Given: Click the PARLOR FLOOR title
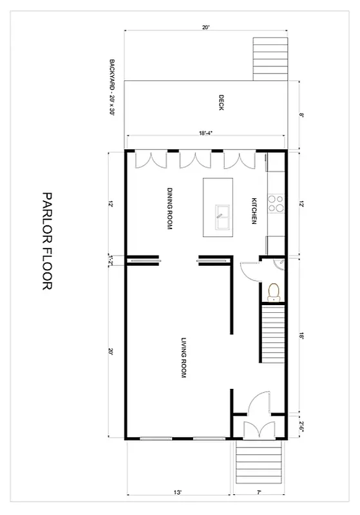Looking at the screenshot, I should pos(46,241).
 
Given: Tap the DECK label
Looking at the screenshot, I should pos(221,104).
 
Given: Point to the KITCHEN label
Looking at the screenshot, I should pos(254,211).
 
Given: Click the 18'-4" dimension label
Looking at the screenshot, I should pos(205,133).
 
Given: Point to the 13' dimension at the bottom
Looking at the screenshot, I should pos(177,492).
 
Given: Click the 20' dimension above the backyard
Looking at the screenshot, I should pos(205,28).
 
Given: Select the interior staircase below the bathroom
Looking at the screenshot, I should pos(273,335).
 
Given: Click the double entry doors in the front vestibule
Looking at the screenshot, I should pos(258,429).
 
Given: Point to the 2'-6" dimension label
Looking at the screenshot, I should pos(301,424).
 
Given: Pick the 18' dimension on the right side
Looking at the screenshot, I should pos(301,335).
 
